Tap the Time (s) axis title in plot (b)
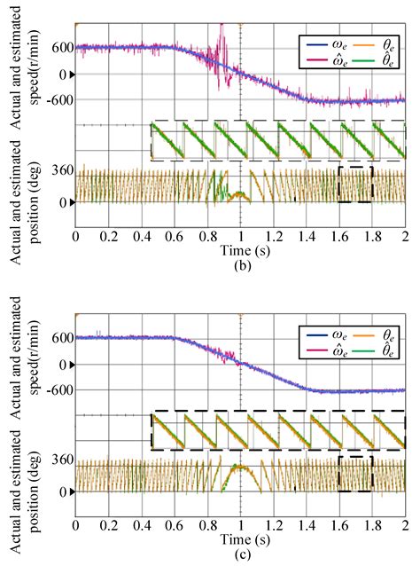click(240, 252)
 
